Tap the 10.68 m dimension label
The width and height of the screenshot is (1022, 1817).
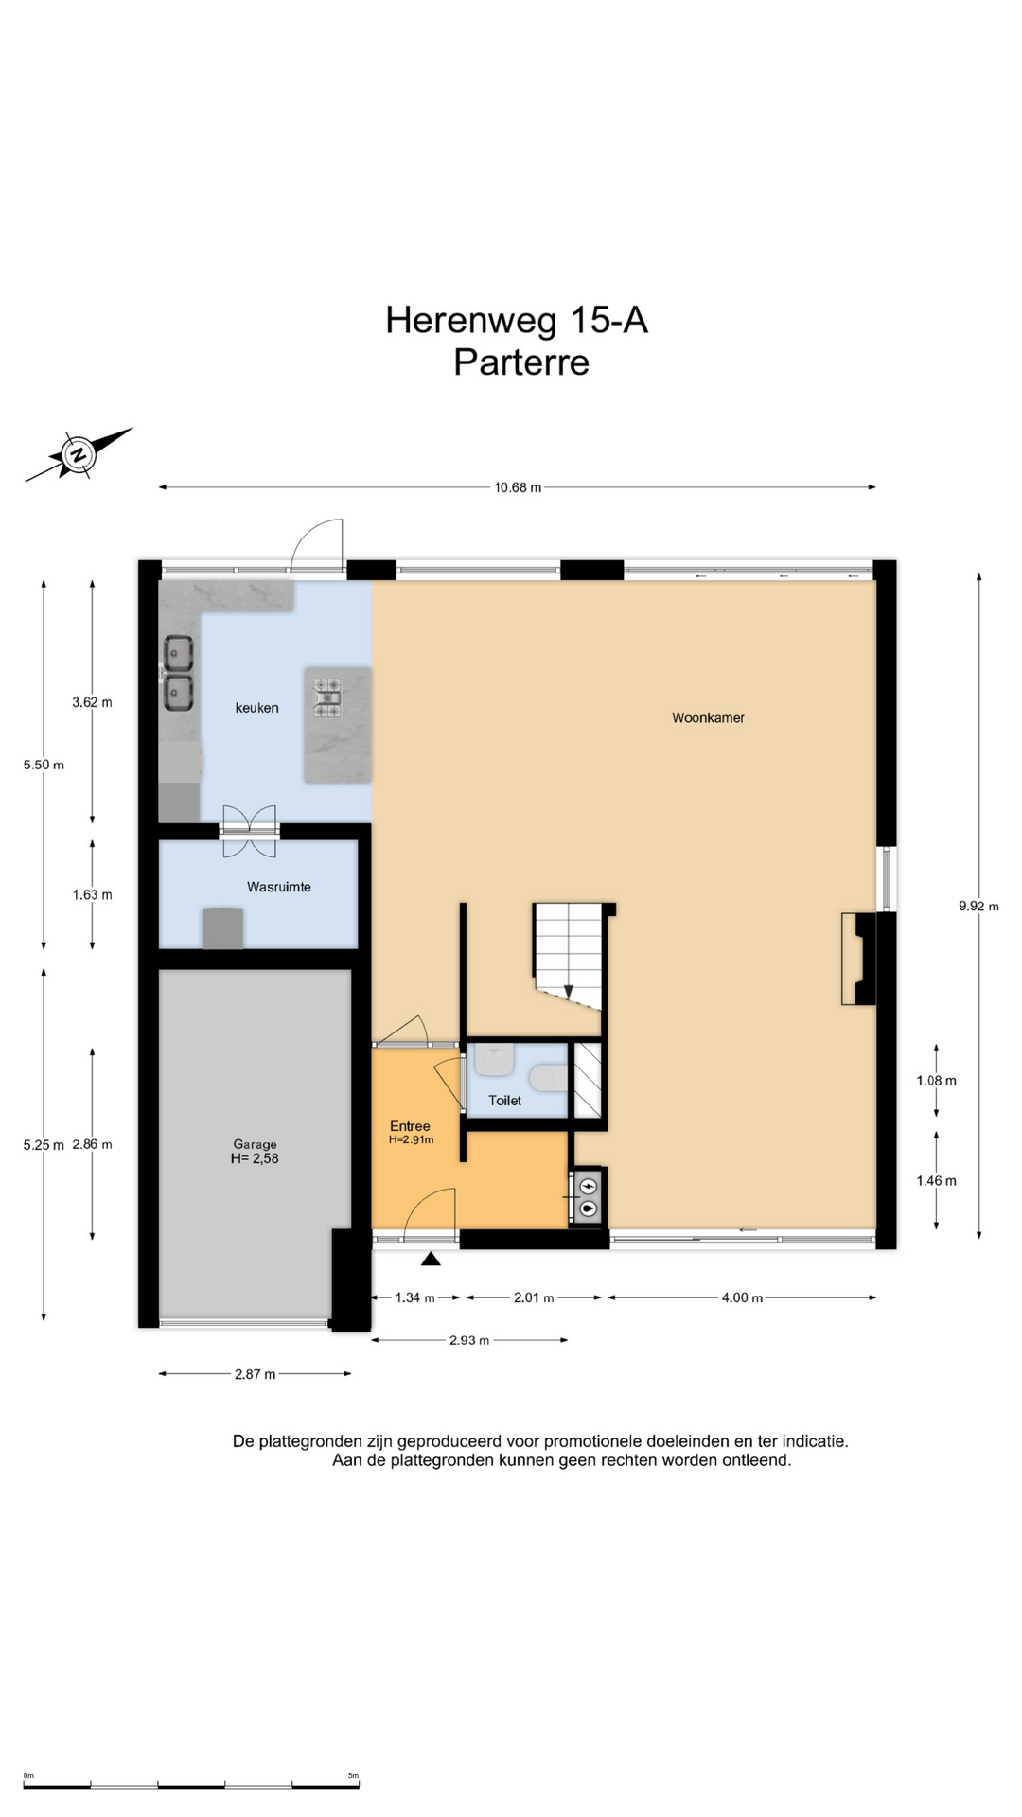(x=518, y=487)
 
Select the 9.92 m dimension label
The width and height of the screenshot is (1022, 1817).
(x=978, y=906)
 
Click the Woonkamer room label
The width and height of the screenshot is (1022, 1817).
(x=708, y=717)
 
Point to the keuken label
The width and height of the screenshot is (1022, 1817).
(x=256, y=707)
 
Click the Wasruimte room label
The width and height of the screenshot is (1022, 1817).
(x=279, y=887)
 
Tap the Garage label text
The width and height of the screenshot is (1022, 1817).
(x=255, y=1144)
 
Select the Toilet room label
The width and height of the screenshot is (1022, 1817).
(x=504, y=1100)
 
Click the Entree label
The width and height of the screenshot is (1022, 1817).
(x=410, y=1125)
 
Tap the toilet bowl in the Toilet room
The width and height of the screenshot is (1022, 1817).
(x=549, y=1077)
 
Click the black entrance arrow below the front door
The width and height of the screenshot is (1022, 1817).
(x=431, y=1258)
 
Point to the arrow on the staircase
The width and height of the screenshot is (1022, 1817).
(x=568, y=990)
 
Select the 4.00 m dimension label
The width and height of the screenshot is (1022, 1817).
(x=742, y=1297)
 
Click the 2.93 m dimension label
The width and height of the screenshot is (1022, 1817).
(x=469, y=1340)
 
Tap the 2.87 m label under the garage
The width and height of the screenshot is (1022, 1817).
(x=255, y=1374)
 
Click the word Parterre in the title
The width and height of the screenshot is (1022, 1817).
(x=521, y=362)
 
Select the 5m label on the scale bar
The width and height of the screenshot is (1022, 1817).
(x=353, y=1775)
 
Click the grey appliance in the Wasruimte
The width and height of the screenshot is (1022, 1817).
(x=222, y=928)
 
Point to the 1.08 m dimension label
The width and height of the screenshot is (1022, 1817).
(x=936, y=1081)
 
